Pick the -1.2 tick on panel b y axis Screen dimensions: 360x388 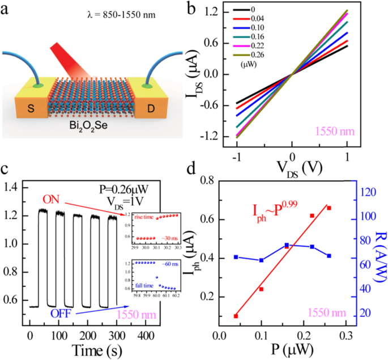point(223,137)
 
